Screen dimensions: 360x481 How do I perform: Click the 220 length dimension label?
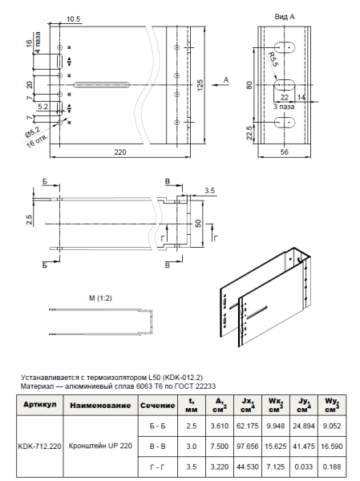(120, 152)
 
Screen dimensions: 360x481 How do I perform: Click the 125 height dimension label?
(200, 85)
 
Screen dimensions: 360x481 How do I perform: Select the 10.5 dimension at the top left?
(73, 19)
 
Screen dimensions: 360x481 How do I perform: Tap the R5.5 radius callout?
(273, 59)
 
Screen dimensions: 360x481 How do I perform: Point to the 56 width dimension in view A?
(285, 152)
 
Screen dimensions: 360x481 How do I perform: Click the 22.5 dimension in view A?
(249, 133)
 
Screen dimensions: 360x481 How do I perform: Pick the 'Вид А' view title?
(285, 17)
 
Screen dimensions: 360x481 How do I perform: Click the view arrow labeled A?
(220, 85)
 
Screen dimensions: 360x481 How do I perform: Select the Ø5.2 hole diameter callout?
(33, 132)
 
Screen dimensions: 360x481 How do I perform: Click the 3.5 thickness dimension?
(209, 191)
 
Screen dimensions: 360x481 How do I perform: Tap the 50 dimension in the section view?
(199, 224)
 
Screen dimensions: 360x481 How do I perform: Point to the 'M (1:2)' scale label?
(100, 298)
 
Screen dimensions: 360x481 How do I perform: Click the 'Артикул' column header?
(40, 405)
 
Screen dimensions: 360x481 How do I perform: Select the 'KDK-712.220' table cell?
(39, 446)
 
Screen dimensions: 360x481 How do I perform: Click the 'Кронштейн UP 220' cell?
(100, 446)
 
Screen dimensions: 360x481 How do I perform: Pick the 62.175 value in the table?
(248, 426)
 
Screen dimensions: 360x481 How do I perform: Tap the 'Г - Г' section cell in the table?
(157, 467)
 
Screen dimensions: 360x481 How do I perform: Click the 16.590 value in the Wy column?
(332, 446)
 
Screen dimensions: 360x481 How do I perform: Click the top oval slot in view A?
(284, 47)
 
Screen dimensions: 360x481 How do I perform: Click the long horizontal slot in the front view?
(102, 85)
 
